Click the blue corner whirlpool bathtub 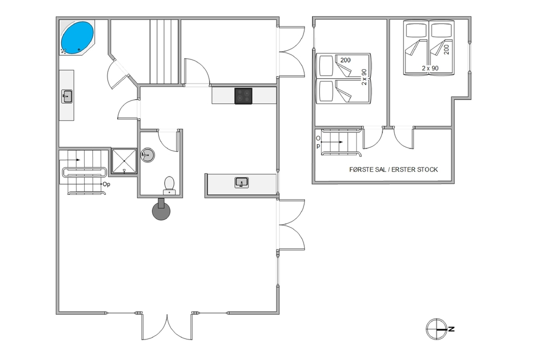point(77,38)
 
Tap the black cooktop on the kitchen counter point(243,96)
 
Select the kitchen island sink point(242,182)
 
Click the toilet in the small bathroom point(169,185)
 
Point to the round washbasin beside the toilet point(148,155)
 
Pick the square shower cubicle point(124,161)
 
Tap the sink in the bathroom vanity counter point(67,97)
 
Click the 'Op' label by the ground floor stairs point(106,184)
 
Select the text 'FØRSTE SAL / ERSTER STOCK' point(394,169)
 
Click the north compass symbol point(436,329)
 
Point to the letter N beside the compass point(451,329)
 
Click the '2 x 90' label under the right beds point(430,68)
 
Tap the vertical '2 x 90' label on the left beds point(364,77)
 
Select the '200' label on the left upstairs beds point(346,60)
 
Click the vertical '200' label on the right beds point(447,50)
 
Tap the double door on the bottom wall point(167,327)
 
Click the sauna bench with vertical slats point(164,52)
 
